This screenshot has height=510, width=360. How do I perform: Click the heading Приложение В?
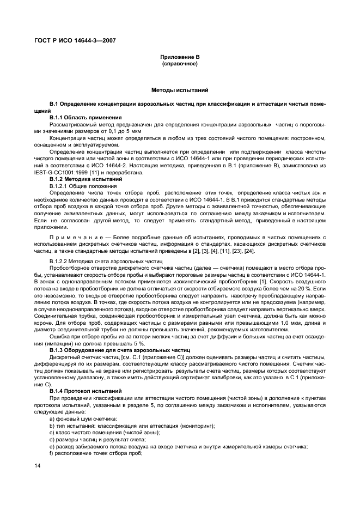[x=180, y=57]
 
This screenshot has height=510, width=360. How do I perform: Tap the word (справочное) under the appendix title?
[x=180, y=64]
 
